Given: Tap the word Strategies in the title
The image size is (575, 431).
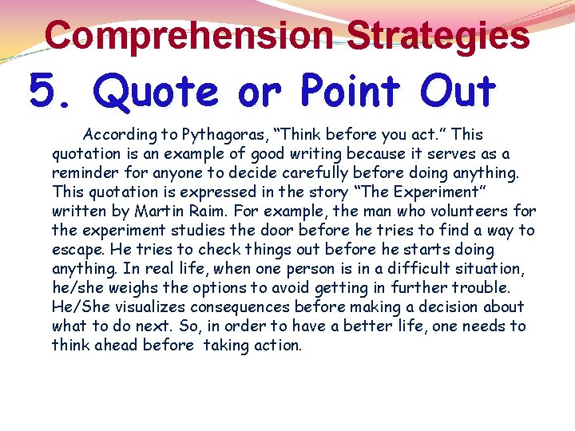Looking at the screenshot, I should tap(438, 35).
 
